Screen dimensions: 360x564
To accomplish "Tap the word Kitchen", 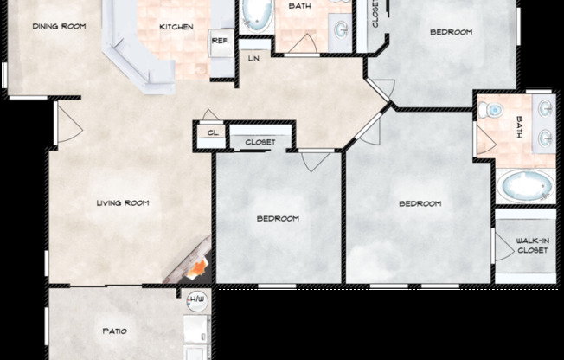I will [176, 26].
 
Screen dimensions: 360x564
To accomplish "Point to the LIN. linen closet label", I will [254, 59].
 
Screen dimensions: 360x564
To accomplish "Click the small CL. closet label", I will [213, 132].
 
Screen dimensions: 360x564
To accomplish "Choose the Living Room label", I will [122, 203].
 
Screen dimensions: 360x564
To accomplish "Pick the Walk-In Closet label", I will [532, 247].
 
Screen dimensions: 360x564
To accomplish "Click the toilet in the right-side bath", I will [491, 110].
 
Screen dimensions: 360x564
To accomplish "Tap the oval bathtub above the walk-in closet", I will [525, 186].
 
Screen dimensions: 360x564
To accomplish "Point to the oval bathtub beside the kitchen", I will [255, 15].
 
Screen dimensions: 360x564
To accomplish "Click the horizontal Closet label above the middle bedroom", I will [260, 142].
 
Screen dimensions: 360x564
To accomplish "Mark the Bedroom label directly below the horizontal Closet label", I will [278, 218].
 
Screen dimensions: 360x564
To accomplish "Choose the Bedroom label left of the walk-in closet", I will [420, 204].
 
